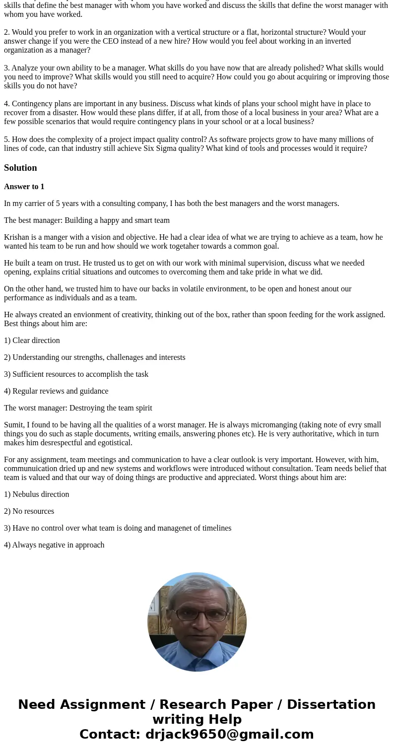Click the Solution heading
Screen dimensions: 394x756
point(20,168)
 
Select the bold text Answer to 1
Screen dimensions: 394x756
point(24,187)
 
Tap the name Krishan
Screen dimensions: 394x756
point(16,237)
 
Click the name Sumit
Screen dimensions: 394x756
point(14,425)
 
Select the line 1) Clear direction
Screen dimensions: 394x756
point(32,341)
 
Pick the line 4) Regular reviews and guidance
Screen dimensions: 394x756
point(56,391)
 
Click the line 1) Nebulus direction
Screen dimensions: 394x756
point(37,494)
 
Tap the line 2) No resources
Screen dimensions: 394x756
point(29,511)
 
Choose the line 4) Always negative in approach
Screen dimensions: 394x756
point(54,545)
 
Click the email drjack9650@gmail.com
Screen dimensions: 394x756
point(229,735)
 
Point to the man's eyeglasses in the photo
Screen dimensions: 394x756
point(197,616)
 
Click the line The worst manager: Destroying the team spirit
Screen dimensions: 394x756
point(78,408)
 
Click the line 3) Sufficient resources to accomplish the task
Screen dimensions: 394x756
point(76,374)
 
